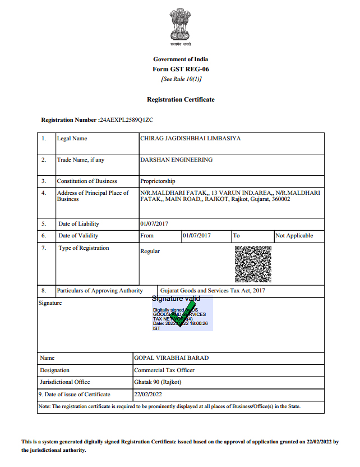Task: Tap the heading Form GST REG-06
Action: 181,69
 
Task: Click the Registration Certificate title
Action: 181,99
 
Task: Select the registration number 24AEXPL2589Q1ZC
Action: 126,120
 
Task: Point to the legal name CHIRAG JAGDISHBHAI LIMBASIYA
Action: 190,139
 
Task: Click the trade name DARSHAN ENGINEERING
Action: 176,160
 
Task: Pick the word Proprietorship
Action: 158,181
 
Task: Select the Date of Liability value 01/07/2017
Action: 155,223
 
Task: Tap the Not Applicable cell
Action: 294,236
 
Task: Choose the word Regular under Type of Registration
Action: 150,251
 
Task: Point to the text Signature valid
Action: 176,299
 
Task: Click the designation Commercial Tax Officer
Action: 164,370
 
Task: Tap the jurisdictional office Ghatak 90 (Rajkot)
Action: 158,382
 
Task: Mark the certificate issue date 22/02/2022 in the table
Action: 149,395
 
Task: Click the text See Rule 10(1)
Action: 181,79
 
